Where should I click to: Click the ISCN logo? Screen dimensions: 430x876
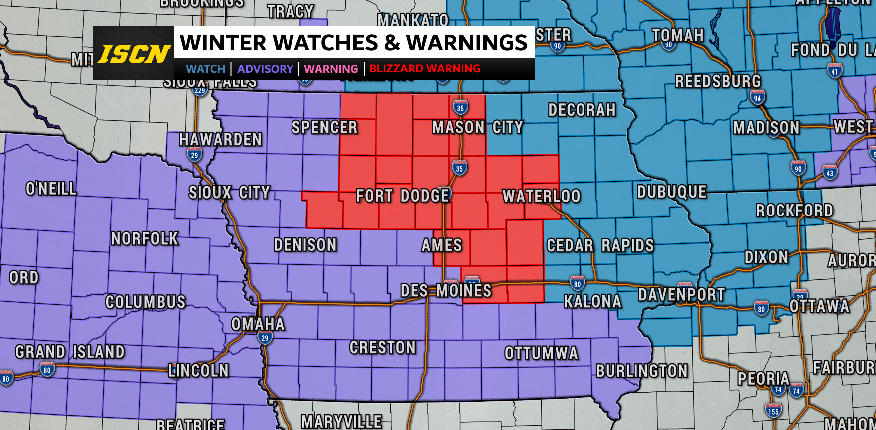[134, 54]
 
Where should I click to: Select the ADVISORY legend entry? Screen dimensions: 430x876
[265, 69]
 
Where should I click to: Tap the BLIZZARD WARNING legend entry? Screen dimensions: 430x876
[425, 69]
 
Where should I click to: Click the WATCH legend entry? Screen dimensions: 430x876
[206, 69]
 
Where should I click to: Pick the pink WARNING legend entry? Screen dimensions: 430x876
[331, 69]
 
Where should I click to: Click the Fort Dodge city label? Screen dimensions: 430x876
[403, 196]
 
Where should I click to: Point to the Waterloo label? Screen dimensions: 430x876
[541, 196]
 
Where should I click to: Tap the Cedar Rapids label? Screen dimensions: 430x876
[600, 245]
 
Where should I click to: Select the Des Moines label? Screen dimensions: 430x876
[446, 290]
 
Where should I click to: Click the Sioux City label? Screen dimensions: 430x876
[229, 193]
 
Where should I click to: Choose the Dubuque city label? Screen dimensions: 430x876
[672, 192]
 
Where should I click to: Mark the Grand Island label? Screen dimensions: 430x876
[70, 352]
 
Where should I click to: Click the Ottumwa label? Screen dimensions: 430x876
[541, 353]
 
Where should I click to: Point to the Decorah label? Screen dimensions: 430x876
[582, 110]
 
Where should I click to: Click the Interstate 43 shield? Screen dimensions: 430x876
[830, 172]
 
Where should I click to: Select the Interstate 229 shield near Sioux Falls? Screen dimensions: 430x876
[200, 90]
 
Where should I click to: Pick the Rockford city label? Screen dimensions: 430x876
[794, 211]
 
